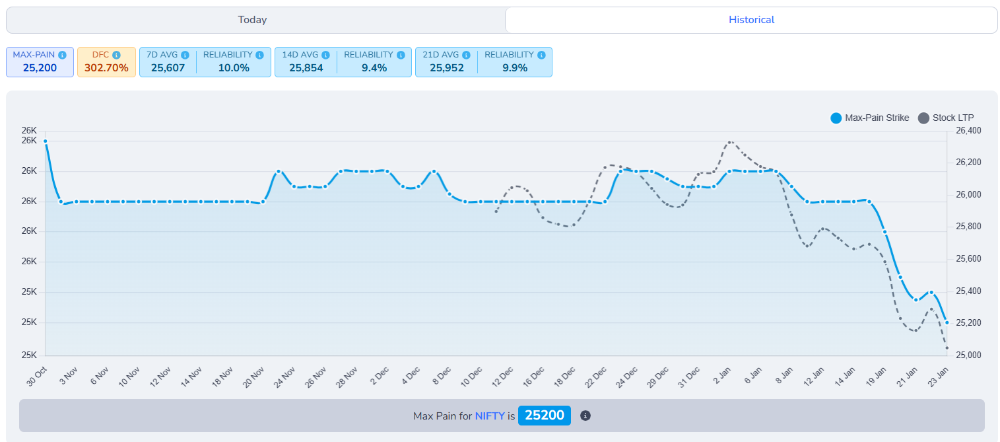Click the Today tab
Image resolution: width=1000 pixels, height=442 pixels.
coord(252,20)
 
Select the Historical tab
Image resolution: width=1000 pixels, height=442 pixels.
coord(751,20)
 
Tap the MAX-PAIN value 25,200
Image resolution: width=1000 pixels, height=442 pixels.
coord(40,67)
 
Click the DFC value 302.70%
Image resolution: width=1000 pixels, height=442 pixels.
coord(106,67)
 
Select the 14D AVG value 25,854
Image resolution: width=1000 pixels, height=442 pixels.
coord(306,67)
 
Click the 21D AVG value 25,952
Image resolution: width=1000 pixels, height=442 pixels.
coord(446,67)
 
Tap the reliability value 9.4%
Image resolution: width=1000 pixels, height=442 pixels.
coord(374,67)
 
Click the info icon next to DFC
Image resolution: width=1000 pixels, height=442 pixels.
coord(116,55)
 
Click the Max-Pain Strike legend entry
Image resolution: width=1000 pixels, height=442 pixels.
coord(869,118)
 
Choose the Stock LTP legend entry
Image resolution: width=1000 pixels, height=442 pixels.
coord(946,118)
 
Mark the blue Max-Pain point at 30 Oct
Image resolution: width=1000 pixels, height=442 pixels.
coord(45,141)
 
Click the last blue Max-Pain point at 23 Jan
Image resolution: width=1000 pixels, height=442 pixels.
coord(947,322)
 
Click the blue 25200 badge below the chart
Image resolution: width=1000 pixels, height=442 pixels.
coord(544,416)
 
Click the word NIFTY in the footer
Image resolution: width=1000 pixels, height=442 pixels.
coord(489,416)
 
